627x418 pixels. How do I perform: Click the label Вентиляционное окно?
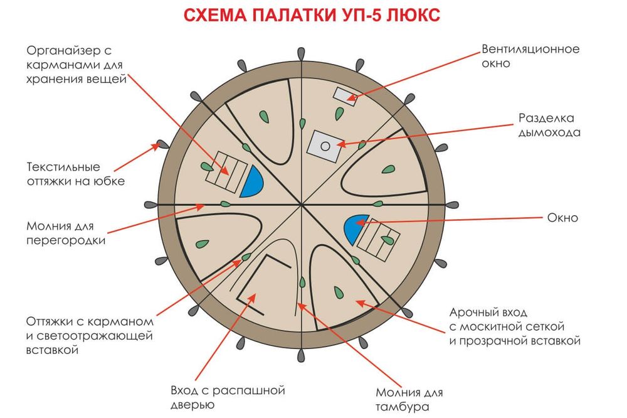[530, 56]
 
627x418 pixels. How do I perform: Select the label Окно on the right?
[562, 218]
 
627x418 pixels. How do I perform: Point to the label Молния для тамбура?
[409, 400]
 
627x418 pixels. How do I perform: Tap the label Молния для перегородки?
[66, 232]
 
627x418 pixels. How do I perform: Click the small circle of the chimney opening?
[325, 146]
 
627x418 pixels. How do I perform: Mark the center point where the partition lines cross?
[302, 205]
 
